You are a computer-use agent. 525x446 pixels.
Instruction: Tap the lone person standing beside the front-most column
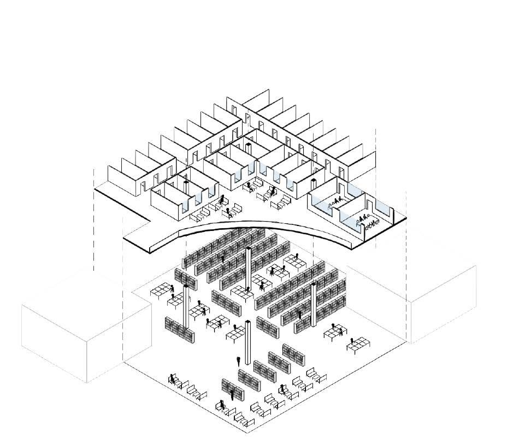[x=239, y=361]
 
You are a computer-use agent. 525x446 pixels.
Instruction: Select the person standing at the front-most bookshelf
[x=233, y=394]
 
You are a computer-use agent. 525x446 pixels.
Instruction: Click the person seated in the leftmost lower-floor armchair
[x=173, y=378]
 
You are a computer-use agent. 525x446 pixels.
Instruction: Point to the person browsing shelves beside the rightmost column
[x=300, y=314]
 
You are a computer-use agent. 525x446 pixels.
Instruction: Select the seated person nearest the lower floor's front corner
[x=221, y=406]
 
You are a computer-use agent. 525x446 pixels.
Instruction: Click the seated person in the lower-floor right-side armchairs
[x=282, y=389]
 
